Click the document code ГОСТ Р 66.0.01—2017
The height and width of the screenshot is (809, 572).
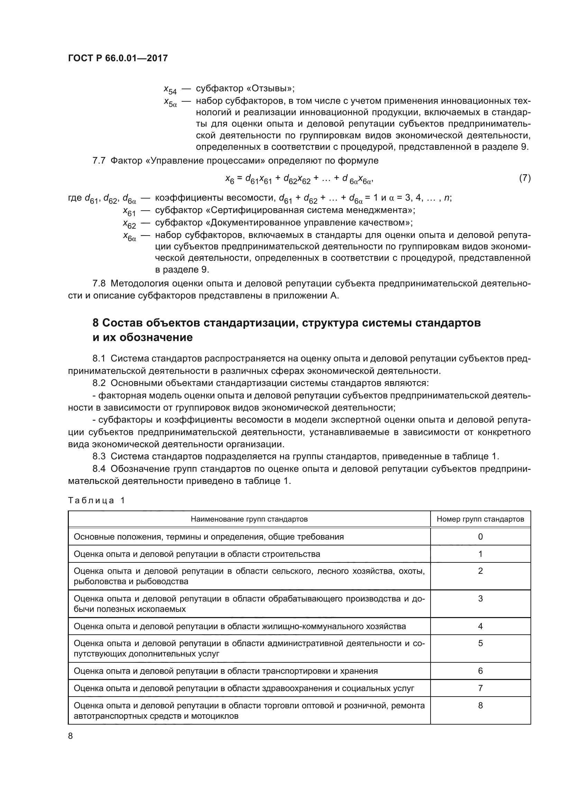118,58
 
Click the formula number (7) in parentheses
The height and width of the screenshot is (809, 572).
525,178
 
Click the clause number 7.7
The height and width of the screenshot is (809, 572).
99,161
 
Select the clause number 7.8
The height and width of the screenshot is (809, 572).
99,283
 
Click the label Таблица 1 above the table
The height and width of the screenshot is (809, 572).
96,501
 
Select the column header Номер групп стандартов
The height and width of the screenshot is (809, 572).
480,519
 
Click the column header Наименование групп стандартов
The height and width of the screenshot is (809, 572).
249,519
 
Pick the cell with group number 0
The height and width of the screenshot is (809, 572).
480,537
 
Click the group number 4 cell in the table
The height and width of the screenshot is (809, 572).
480,626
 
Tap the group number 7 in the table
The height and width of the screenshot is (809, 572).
480,688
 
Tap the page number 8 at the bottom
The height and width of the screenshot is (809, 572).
71,736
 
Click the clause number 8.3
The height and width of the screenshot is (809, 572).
99,456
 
